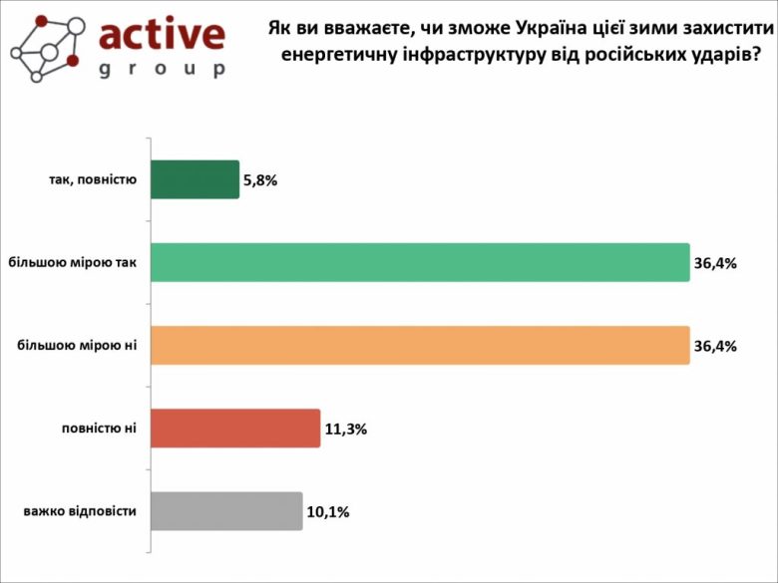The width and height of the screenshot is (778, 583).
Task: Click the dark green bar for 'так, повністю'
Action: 194,179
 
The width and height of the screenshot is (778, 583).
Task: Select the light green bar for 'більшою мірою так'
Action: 420,262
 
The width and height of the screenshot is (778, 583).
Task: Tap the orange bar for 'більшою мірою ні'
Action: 420,345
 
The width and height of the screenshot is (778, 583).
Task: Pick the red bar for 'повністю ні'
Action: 235,428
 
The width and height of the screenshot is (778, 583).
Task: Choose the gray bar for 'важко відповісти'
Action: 226,510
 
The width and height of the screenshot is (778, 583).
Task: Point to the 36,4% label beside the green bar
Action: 714,264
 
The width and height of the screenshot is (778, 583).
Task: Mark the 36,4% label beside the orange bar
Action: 714,347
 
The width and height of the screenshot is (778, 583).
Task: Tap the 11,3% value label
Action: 346,430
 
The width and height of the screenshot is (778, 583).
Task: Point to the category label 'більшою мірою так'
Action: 72,263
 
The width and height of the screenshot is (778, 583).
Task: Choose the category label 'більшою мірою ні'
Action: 77,346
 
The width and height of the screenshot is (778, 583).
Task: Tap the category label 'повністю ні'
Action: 98,429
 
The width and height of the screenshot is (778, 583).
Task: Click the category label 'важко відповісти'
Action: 80,511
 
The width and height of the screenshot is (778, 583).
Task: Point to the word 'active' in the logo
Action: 163,34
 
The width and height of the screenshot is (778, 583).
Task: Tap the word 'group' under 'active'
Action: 163,69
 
